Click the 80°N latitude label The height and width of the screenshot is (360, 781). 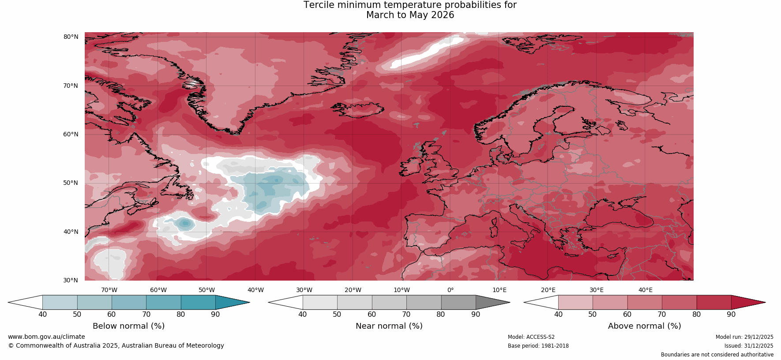click(71, 37)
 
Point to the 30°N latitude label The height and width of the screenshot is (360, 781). click(71, 280)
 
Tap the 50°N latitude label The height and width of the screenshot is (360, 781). click(71, 183)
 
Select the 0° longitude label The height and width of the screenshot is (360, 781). click(451, 290)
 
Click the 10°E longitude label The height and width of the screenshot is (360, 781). click(499, 290)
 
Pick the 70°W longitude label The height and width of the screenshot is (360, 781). click(109, 290)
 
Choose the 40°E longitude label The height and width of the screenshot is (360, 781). click(645, 290)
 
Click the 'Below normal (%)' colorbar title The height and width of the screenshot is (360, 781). click(128, 326)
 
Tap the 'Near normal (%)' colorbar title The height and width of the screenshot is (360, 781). click(389, 326)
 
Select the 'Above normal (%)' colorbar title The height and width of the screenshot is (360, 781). click(644, 326)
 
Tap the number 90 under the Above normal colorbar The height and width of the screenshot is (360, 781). click(731, 315)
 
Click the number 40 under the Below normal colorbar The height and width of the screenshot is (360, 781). click(42, 315)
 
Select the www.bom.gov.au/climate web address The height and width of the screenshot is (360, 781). click(46, 337)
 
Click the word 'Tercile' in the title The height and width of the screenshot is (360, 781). click(319, 5)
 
